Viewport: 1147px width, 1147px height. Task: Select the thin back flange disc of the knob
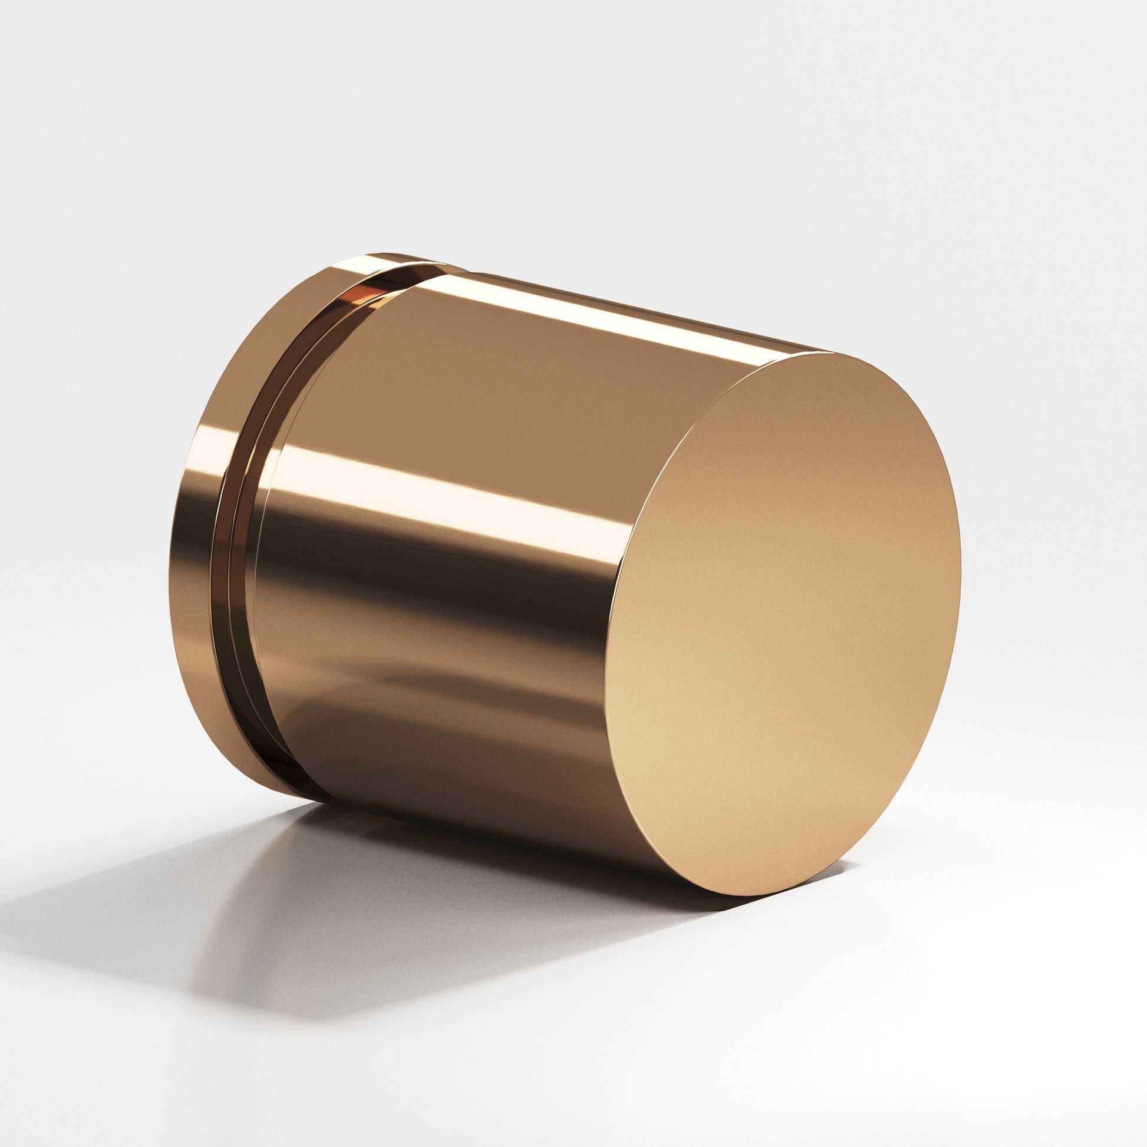point(196,535)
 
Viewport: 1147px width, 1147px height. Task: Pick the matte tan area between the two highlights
point(505,386)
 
